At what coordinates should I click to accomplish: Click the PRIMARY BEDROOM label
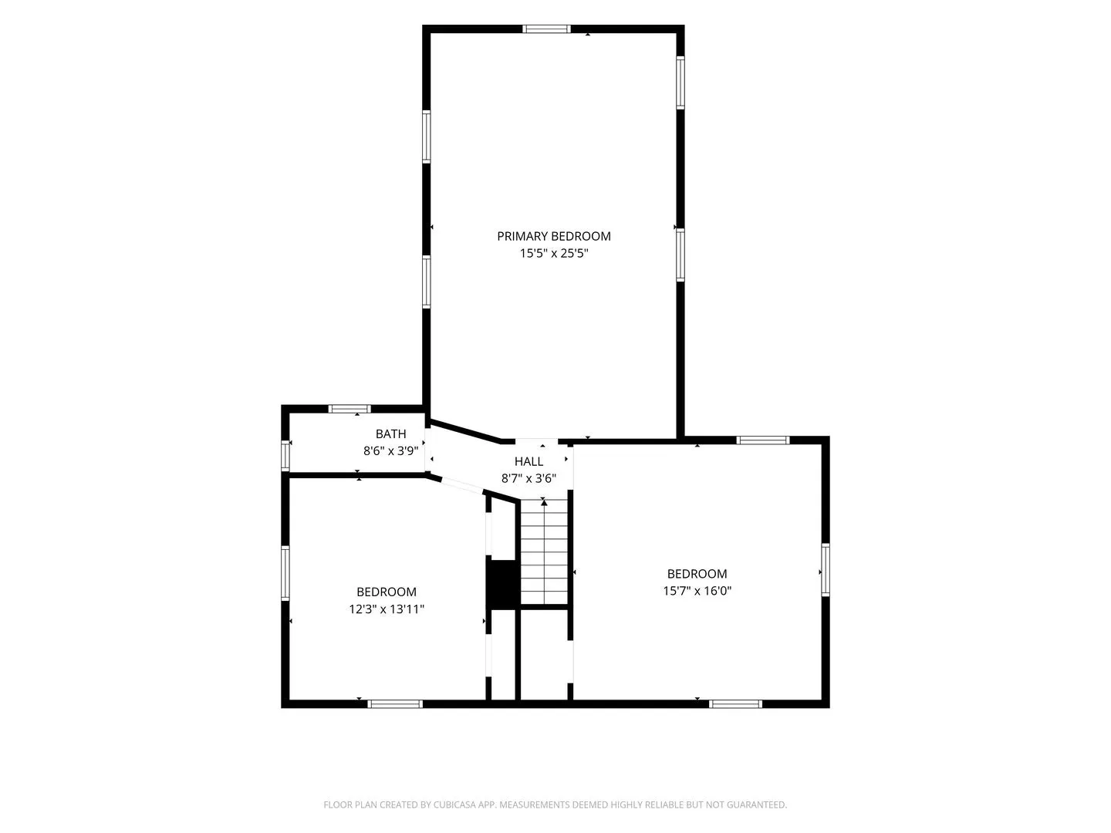pos(554,236)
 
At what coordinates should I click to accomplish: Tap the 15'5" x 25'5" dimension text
pos(554,254)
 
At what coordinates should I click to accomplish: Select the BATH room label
pos(390,433)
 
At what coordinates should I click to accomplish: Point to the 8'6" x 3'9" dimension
pos(390,450)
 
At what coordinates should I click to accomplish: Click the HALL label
pos(529,461)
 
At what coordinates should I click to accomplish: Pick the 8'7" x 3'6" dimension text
pos(529,478)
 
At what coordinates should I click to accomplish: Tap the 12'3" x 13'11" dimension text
pos(387,609)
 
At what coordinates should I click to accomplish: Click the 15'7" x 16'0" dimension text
pos(697,591)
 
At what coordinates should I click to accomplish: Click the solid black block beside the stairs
pos(502,584)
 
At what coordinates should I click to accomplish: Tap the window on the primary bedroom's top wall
pos(547,29)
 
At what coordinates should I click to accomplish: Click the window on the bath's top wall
pos(350,409)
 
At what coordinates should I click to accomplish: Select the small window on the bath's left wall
pos(285,456)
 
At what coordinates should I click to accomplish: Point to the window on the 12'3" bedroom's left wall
pos(285,573)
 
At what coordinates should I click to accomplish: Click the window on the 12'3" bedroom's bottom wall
pos(395,703)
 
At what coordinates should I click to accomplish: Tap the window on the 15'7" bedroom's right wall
pos(826,569)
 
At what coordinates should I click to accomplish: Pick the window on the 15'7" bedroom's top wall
pos(763,440)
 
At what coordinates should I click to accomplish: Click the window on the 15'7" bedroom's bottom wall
pos(735,703)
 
